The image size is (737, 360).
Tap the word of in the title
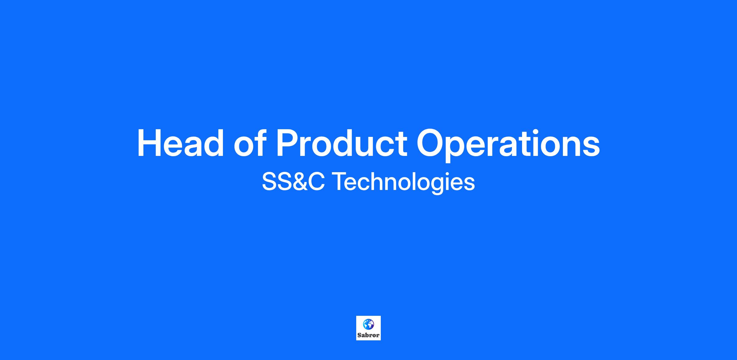(x=249, y=143)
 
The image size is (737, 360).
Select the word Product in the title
(x=341, y=143)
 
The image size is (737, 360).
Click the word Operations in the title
(x=508, y=145)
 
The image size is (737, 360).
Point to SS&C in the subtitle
(x=293, y=182)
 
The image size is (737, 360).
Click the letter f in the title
(x=260, y=143)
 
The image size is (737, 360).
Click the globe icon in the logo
(x=368, y=324)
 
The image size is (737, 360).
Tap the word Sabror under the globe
(x=368, y=335)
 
